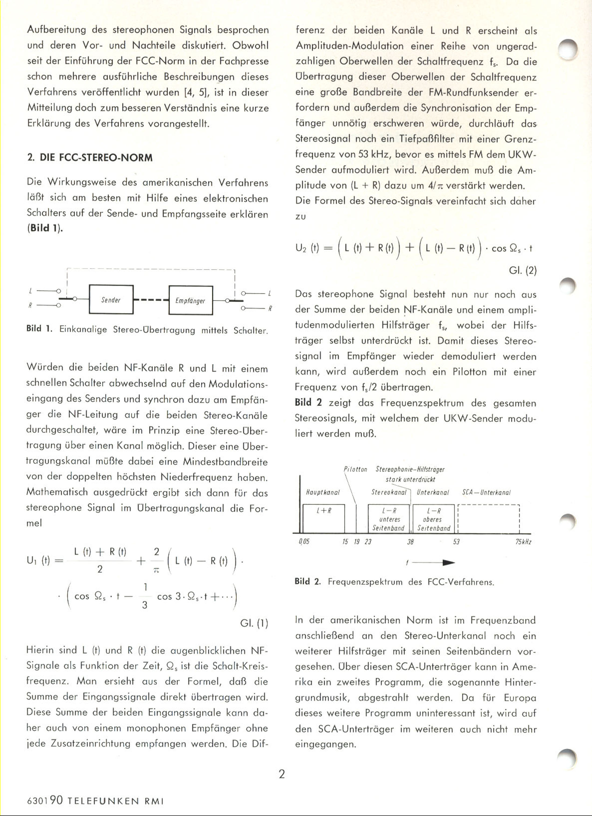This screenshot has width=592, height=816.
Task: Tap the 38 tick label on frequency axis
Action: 410,542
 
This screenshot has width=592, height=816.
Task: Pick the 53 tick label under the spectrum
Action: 456,542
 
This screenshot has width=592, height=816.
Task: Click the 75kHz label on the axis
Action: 523,542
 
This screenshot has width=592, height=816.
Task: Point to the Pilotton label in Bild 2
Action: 355,469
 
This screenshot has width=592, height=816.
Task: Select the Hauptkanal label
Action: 322,492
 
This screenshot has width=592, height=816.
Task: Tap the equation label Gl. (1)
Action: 254,623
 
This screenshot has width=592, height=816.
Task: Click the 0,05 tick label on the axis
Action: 304,542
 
